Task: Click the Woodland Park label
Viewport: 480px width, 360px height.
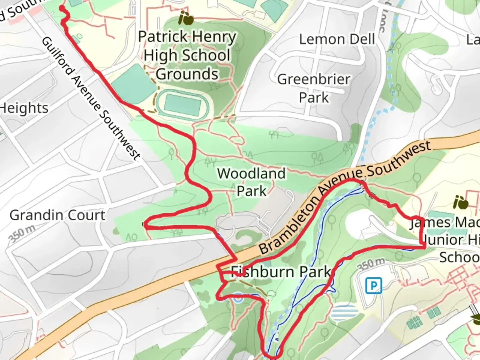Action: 252,182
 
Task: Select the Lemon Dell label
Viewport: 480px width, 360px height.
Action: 337,39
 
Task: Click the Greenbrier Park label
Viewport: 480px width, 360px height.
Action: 314,88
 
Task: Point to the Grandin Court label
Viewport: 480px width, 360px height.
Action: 57,215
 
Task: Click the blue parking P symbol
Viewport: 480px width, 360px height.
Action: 374,286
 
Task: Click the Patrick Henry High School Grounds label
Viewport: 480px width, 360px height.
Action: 187,55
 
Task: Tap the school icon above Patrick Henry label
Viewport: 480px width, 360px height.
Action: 186,18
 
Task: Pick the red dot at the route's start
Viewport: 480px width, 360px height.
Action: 62,8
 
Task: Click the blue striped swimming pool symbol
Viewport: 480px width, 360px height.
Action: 345,312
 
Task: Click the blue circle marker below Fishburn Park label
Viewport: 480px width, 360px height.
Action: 238,298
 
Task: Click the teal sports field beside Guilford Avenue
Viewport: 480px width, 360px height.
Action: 133,84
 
